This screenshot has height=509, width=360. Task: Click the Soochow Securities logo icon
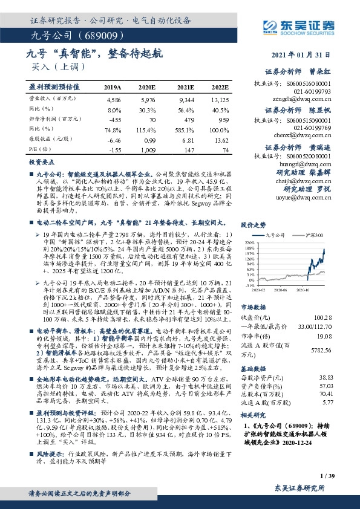pos(270,25)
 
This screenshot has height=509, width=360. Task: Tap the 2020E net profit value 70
pos(152,119)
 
